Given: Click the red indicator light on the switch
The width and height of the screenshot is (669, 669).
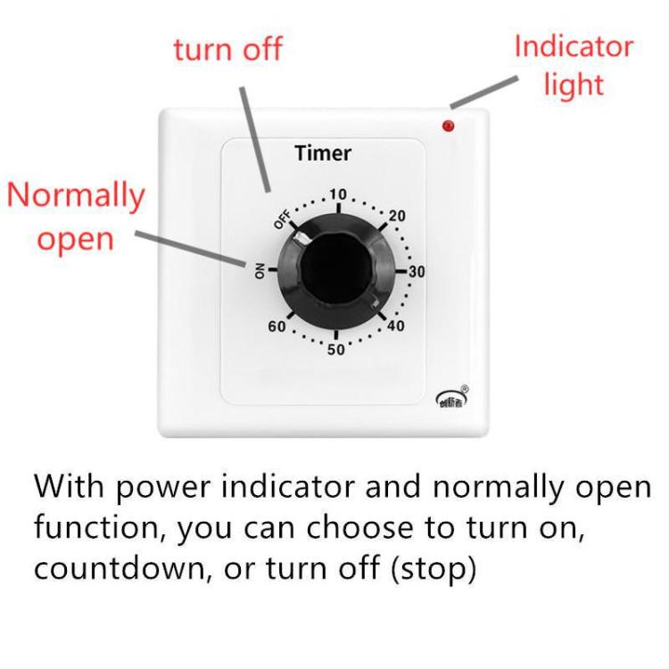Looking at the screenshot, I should point(448,126).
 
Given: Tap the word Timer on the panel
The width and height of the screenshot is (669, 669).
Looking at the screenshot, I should point(323,153).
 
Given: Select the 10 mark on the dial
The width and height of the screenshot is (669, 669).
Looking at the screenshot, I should point(337,194).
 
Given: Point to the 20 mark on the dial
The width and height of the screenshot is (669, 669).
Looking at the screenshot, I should point(397,215).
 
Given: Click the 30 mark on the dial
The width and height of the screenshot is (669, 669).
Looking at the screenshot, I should point(416,272).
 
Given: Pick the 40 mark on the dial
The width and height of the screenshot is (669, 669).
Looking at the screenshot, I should point(396,326).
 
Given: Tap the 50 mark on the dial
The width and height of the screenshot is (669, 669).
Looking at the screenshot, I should point(335,349).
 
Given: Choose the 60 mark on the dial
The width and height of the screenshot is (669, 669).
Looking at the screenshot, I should point(277,326).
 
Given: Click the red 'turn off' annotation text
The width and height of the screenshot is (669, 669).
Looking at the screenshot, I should point(227,49).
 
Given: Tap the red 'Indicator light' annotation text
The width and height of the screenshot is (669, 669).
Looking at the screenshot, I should point(573,65).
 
